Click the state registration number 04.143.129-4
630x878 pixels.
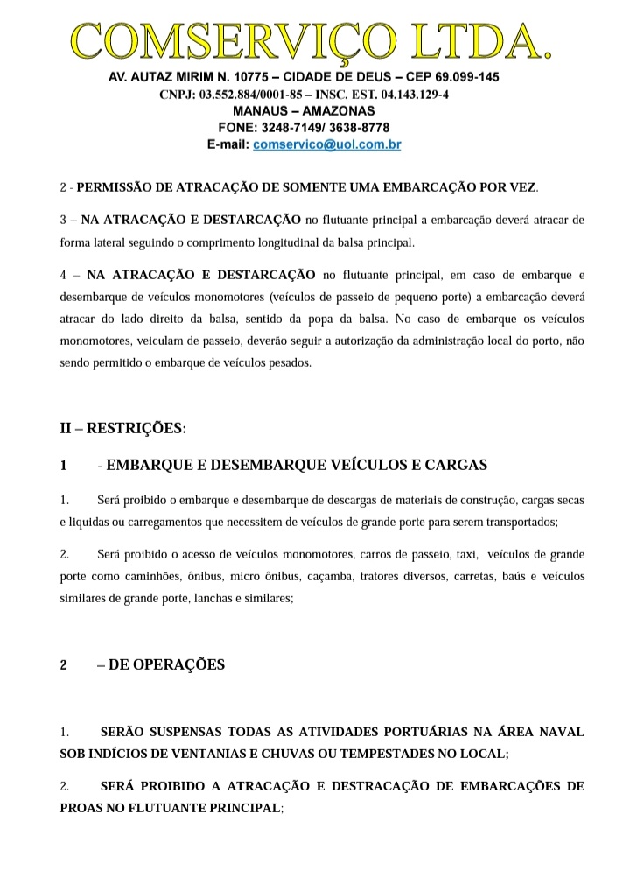[411, 95]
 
